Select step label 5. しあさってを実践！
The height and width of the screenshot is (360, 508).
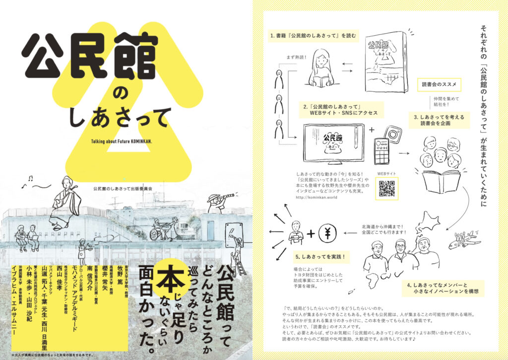tap(320, 257)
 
